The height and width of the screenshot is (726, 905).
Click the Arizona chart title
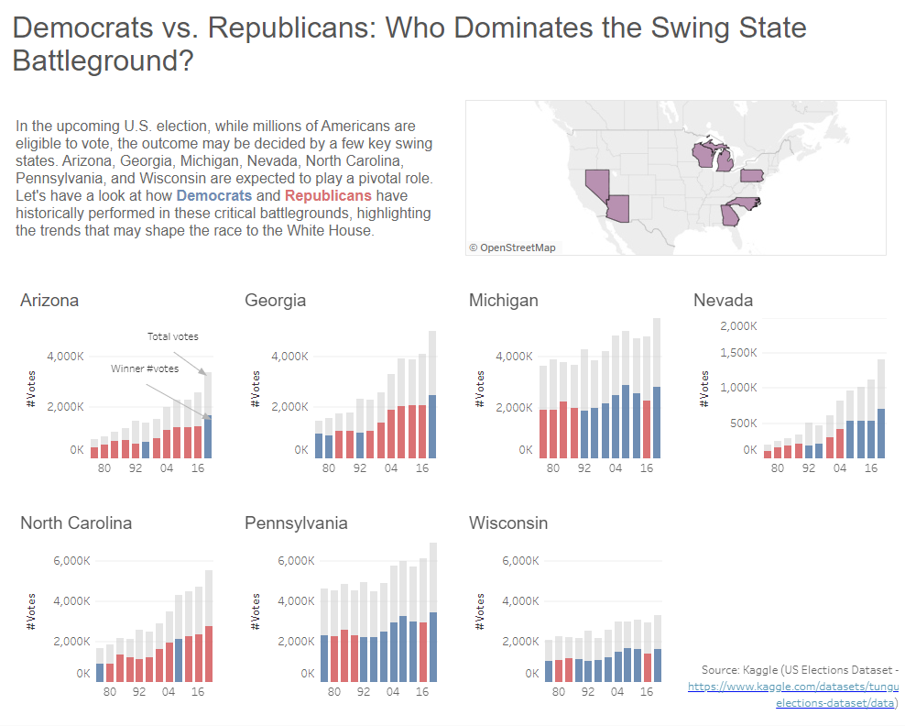49,301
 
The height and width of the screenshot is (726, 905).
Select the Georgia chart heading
275,301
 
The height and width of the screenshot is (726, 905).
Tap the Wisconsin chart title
508,523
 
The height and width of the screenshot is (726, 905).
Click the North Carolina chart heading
76,523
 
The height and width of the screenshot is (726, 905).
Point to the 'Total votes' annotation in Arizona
173,336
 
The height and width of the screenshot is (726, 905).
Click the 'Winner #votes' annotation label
145,368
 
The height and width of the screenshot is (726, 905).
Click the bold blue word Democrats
214,196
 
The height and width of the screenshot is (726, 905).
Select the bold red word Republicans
328,196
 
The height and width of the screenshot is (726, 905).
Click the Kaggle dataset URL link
793,687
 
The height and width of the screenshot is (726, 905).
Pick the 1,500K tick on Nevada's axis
737,353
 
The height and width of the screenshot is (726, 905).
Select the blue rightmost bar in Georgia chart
432,426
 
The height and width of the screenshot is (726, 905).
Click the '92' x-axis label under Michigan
584,467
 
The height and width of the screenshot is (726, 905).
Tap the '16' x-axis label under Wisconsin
647,692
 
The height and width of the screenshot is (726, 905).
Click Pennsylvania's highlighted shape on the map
752,175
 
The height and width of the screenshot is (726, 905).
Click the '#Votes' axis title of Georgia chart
256,389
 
